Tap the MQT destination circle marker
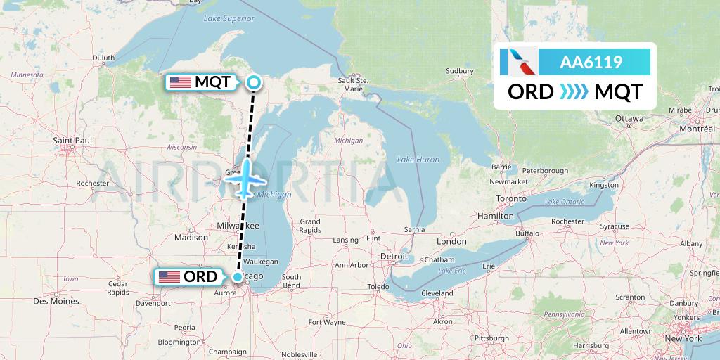[x=253, y=83]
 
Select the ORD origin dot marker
[x=238, y=277]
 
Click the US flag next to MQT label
[x=181, y=82]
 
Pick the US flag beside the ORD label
[x=169, y=277]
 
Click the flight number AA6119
[x=591, y=62]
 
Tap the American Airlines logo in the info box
[x=517, y=62]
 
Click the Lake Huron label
[x=418, y=160]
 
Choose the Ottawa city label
[x=629, y=118]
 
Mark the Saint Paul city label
[x=72, y=141]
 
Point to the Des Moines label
[x=56, y=301]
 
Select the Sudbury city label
[x=461, y=71]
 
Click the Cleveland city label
[x=438, y=293]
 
